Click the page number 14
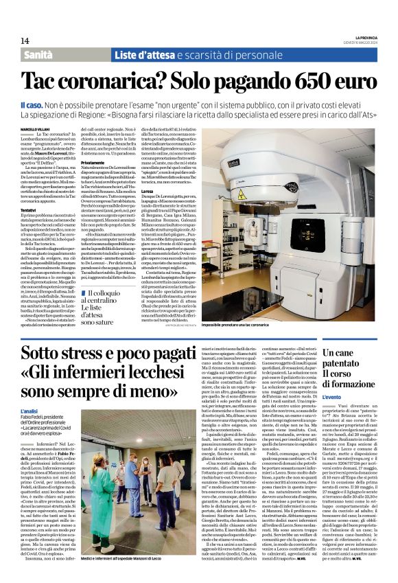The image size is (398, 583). (x=25, y=41)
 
